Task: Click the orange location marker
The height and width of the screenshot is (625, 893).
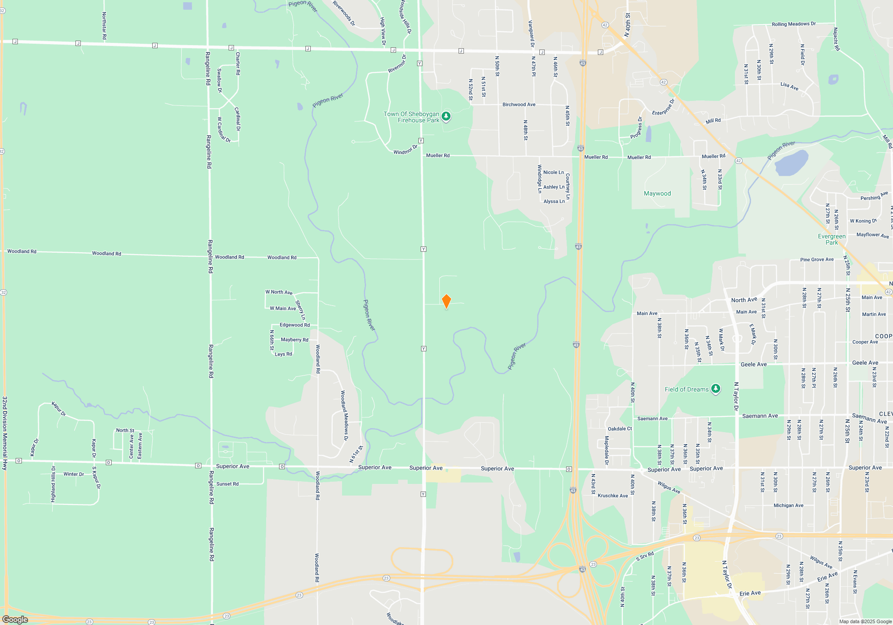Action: tap(446, 301)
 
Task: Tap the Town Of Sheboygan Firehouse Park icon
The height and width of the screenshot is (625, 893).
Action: tap(446, 117)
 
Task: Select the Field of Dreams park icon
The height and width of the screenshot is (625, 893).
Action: tap(715, 389)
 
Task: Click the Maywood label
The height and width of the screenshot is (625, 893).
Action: tap(657, 193)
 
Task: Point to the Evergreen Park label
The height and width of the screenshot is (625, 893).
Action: tap(831, 239)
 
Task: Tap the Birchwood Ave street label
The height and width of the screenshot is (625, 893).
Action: tap(519, 104)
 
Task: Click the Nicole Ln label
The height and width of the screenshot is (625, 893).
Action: tap(553, 172)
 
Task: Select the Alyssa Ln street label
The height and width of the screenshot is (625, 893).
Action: tap(554, 201)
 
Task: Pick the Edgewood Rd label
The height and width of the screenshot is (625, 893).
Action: tap(295, 325)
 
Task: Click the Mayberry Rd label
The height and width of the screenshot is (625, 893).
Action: tap(294, 340)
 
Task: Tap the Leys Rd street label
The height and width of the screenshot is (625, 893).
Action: tap(283, 354)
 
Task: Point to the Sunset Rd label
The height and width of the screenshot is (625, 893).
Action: tap(227, 484)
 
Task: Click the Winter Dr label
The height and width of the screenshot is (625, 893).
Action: tap(73, 474)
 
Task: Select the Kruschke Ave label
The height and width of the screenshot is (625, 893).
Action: tap(613, 496)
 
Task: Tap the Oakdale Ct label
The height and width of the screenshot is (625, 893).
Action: tap(620, 429)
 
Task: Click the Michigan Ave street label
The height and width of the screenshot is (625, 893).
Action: tap(788, 505)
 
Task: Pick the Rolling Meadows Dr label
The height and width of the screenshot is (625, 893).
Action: tap(793, 24)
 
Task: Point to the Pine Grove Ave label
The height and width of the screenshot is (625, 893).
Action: tap(817, 259)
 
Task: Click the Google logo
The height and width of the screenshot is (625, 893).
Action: tap(15, 620)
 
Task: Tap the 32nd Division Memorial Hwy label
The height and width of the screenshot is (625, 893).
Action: tap(5, 433)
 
